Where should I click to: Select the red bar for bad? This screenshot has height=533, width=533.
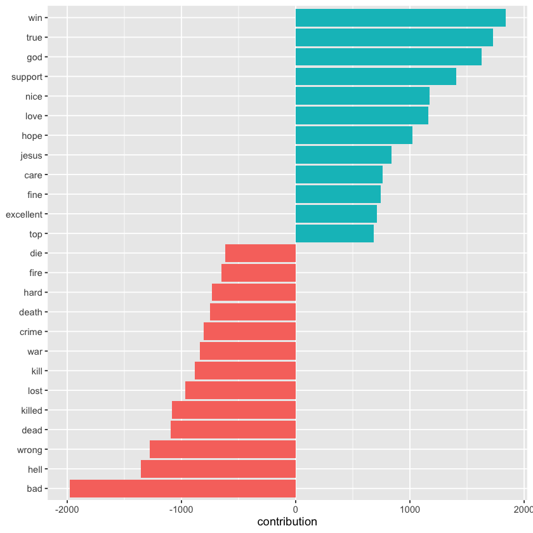click(183, 489)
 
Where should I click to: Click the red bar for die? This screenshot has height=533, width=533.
click(261, 253)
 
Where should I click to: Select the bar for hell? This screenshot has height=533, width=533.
click(218, 469)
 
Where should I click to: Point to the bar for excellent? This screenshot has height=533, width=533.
click(336, 214)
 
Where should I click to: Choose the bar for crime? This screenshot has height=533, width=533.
click(250, 332)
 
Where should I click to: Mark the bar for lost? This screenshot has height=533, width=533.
click(240, 390)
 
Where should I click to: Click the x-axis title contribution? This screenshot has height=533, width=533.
click(287, 522)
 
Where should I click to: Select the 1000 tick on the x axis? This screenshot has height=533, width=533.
click(410, 509)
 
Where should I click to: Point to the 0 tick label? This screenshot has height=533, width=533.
click(296, 509)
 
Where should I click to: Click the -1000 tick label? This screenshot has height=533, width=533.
click(181, 509)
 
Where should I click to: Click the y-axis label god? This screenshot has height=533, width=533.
click(34, 57)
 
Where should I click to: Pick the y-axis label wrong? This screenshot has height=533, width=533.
click(31, 450)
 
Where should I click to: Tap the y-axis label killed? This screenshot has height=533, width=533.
click(32, 411)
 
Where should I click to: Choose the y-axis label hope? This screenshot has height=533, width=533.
click(32, 136)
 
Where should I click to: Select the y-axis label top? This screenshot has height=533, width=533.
click(36, 234)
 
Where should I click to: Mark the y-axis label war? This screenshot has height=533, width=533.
click(35, 352)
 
